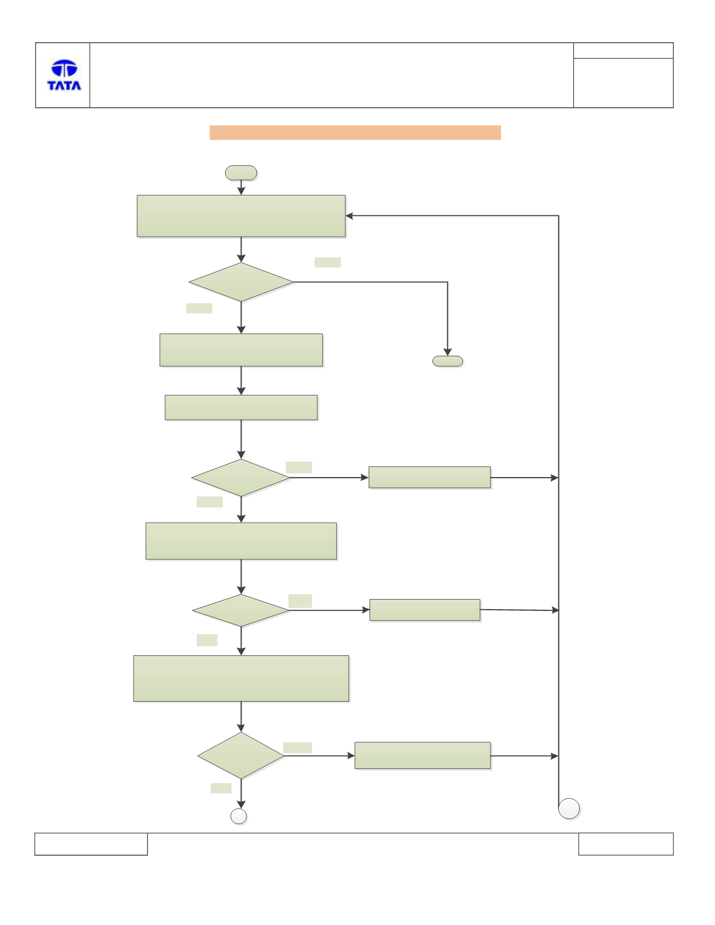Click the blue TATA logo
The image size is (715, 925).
point(64,75)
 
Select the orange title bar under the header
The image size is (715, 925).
point(355,133)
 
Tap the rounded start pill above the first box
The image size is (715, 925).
point(241,173)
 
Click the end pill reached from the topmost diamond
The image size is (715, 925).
point(447,361)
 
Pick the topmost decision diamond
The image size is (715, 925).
point(241,282)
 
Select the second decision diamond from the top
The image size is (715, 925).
point(241,478)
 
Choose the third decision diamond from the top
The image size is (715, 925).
point(241,610)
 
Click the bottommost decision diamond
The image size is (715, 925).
point(241,756)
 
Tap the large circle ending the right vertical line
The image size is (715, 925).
point(569,809)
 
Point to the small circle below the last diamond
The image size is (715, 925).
point(238,816)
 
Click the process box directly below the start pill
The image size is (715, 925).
point(241,216)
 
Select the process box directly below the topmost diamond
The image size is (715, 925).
point(241,350)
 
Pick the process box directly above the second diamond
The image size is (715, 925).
point(241,408)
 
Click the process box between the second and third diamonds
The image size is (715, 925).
point(241,541)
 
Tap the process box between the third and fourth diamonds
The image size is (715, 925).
point(241,678)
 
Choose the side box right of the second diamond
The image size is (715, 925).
point(430,477)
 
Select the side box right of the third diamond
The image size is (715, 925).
point(425,610)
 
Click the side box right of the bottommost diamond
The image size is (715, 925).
point(423,756)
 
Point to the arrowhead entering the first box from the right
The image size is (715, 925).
point(349,216)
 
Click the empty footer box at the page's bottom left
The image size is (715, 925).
point(91,844)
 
